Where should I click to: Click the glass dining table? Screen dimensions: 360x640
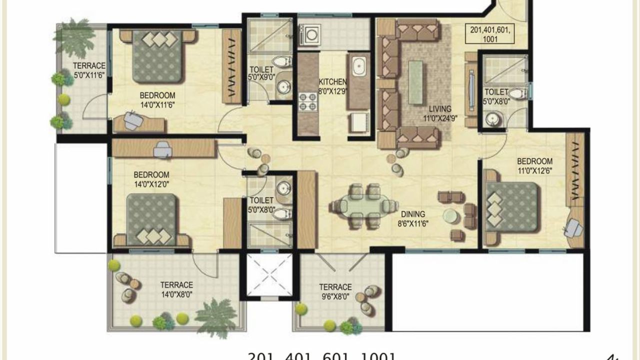[x=363, y=206]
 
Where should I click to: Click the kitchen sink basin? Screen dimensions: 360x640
[x=358, y=67]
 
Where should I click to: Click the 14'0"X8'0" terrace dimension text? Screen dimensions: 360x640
[x=176, y=294]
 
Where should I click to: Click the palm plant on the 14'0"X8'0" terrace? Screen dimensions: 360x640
[x=215, y=316]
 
